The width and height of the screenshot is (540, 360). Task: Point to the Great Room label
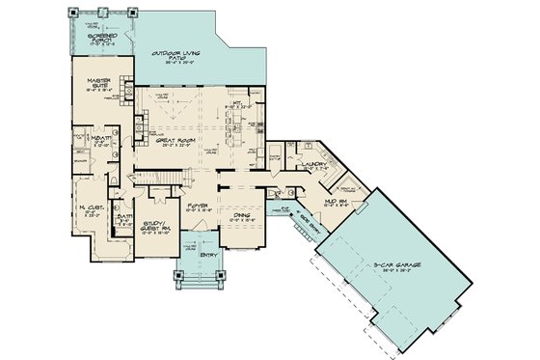pyautogui.click(x=180, y=141)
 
